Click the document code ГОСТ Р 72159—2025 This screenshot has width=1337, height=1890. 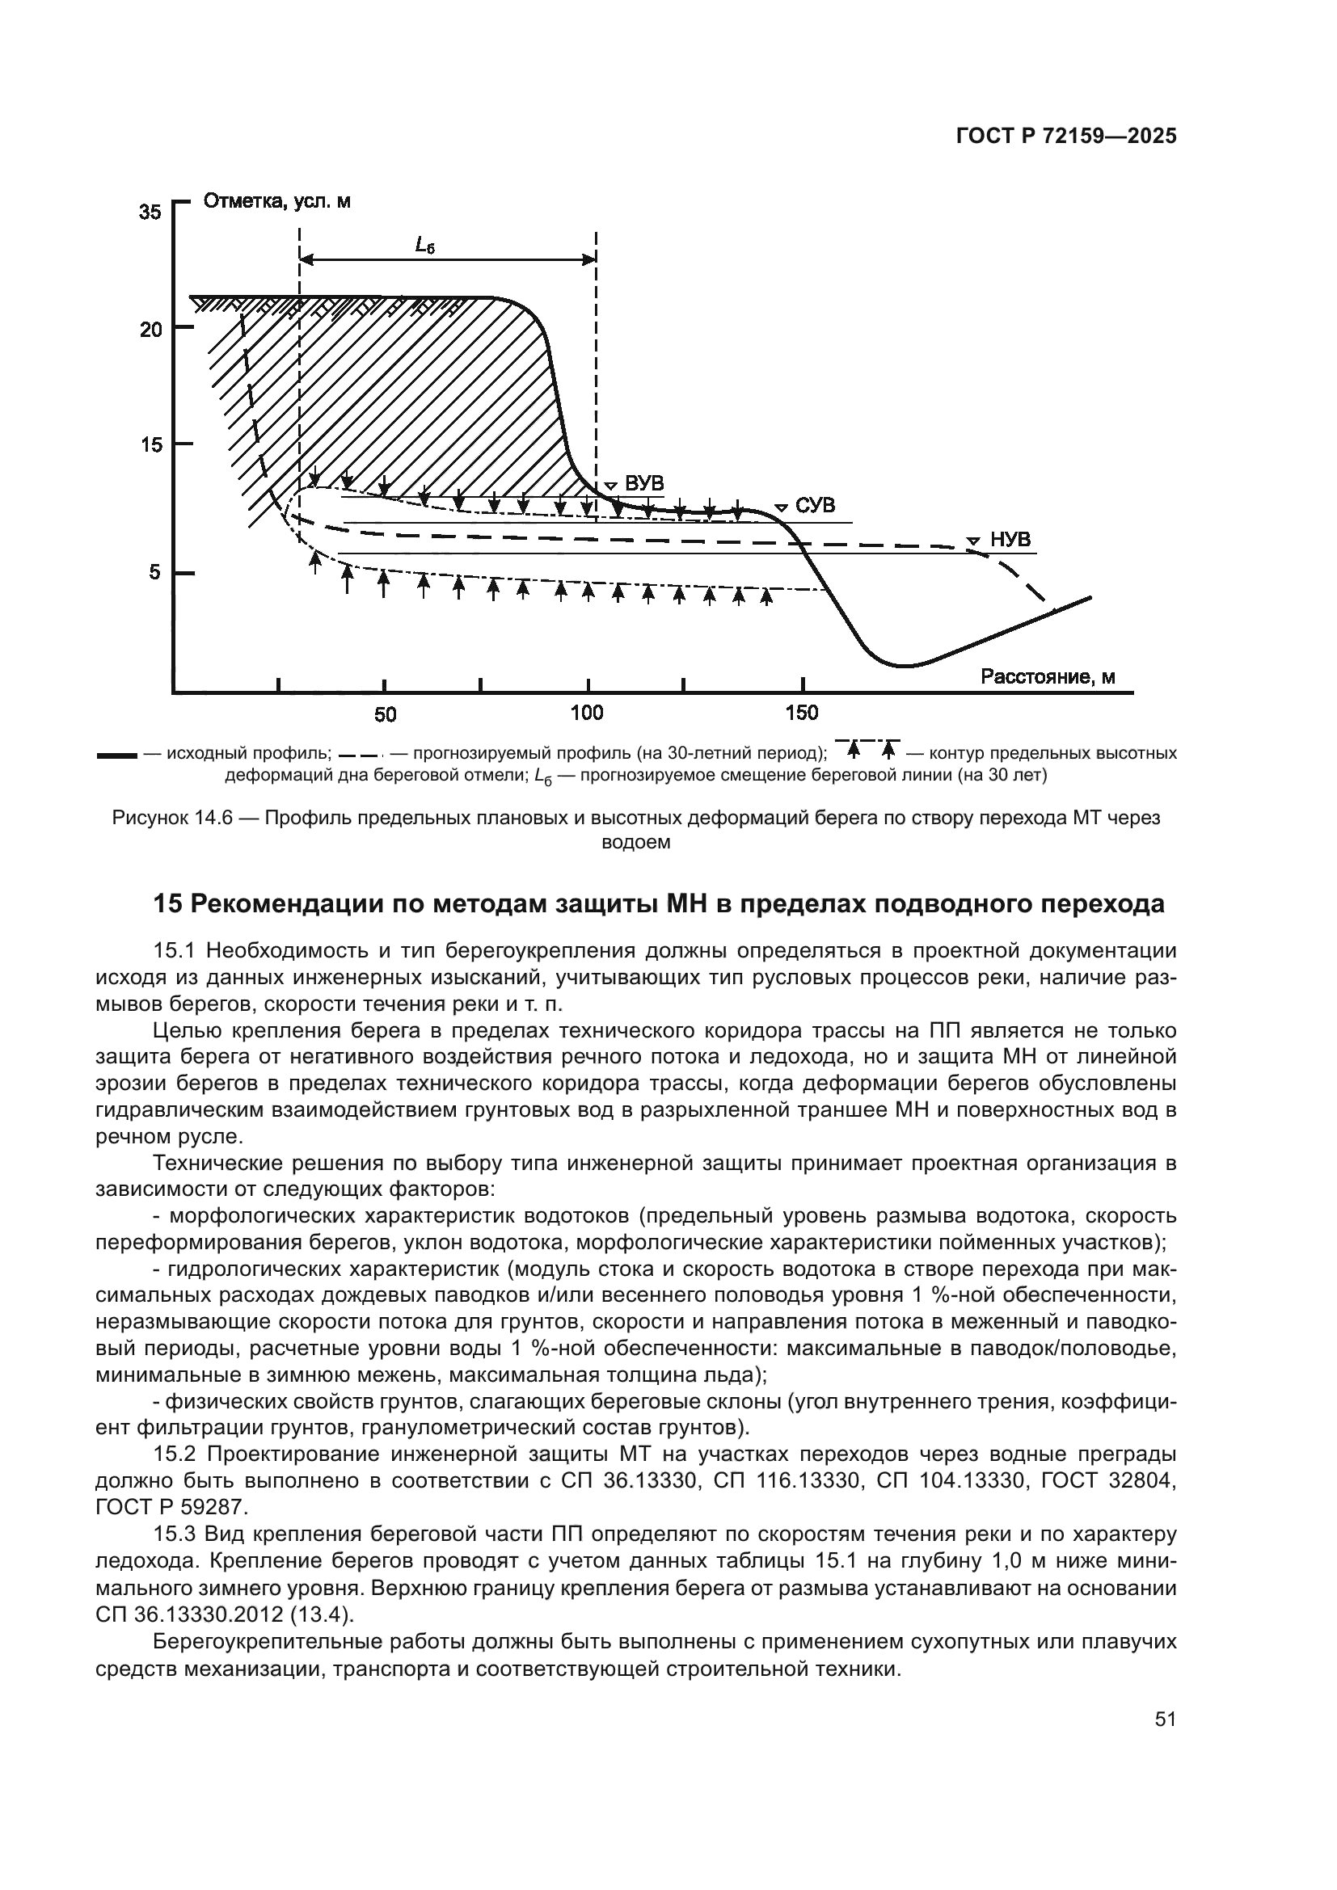point(1066,137)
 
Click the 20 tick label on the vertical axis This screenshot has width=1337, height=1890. point(151,330)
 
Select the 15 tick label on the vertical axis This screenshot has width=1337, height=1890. point(151,445)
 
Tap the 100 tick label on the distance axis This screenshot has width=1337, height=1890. point(586,713)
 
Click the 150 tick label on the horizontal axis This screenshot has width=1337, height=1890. point(802,713)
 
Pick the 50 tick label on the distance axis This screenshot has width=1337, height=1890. point(385,713)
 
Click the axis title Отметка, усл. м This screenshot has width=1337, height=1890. point(276,201)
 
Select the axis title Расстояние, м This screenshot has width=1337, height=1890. point(1047,676)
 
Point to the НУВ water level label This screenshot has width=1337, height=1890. point(1010,539)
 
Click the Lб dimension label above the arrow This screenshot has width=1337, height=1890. point(424,245)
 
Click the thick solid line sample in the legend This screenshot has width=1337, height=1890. point(116,754)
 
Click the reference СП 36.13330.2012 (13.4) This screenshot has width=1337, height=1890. point(223,1614)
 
